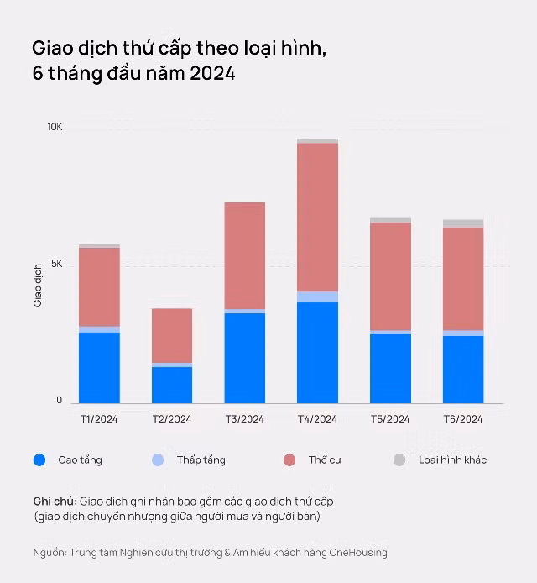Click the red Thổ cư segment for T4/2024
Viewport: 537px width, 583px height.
click(317, 218)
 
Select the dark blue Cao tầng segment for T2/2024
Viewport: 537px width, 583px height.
click(172, 386)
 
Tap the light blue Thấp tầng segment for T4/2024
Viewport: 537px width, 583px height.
click(317, 297)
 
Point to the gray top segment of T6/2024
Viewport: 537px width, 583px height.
click(463, 223)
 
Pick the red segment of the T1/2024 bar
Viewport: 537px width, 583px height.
click(99, 287)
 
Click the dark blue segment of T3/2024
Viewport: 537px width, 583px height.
click(245, 358)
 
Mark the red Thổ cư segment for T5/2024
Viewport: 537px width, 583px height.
click(390, 276)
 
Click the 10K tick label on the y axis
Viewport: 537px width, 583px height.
click(55, 127)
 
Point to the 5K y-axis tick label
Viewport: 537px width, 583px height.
click(57, 264)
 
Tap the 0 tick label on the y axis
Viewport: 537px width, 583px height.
click(59, 400)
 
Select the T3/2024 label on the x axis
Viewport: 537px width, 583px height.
click(245, 419)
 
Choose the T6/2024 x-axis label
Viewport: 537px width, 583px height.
click(463, 419)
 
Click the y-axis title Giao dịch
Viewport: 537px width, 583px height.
click(38, 286)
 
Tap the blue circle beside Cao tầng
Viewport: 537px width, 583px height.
click(39, 460)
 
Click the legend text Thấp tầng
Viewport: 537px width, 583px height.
click(201, 460)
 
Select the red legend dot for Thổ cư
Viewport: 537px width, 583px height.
click(289, 460)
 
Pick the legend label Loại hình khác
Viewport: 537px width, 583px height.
click(453, 460)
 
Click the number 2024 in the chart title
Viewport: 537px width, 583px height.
click(212, 73)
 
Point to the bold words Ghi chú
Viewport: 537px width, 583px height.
click(55, 502)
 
